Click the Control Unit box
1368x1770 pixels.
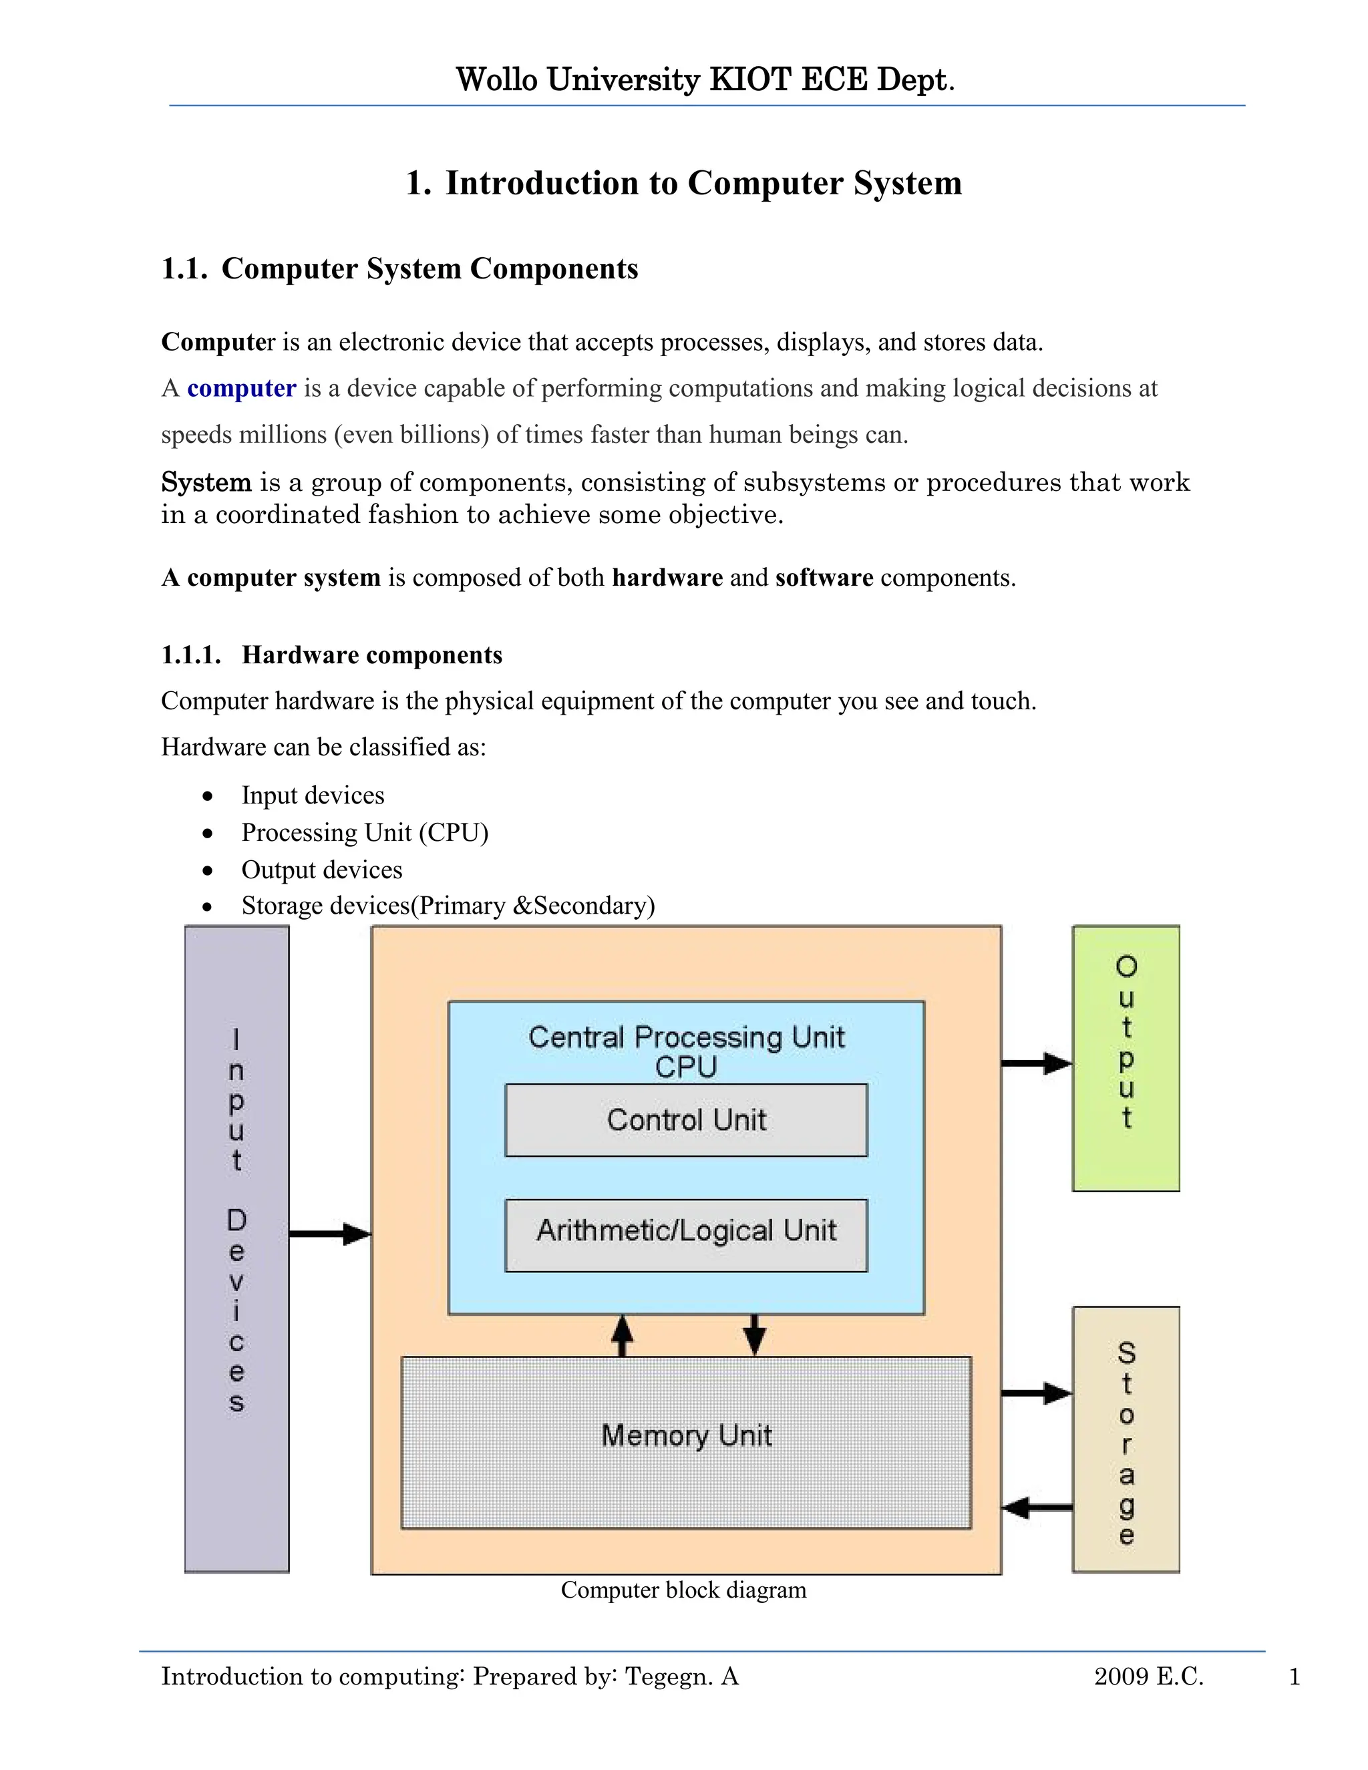tap(685, 1119)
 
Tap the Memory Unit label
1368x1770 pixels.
tap(685, 1435)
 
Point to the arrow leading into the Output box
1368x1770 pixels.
tap(1037, 1063)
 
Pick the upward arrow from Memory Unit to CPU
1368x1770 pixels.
tap(622, 1335)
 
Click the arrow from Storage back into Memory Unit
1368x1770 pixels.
tap(1037, 1508)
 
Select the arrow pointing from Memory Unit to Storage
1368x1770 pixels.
tap(1037, 1393)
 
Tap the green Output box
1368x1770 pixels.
tap(1126, 1057)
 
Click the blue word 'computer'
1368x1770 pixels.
tap(242, 388)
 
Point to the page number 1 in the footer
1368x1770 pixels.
tap(1295, 1676)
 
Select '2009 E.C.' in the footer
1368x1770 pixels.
tap(1148, 1676)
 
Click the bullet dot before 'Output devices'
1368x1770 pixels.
tap(208, 870)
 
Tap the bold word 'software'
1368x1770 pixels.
tap(824, 578)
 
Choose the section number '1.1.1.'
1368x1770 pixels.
tap(191, 655)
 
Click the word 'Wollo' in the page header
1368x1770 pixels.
tap(497, 79)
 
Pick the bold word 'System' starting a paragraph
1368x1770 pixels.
tap(206, 482)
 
